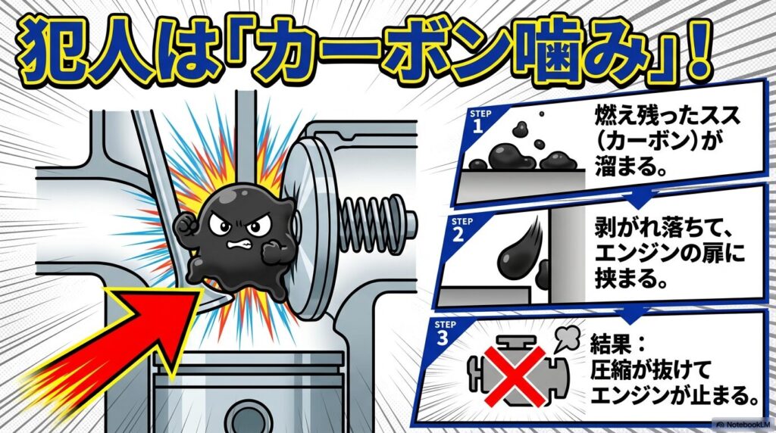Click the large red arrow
pos(129,333)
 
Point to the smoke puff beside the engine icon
pos(567,338)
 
